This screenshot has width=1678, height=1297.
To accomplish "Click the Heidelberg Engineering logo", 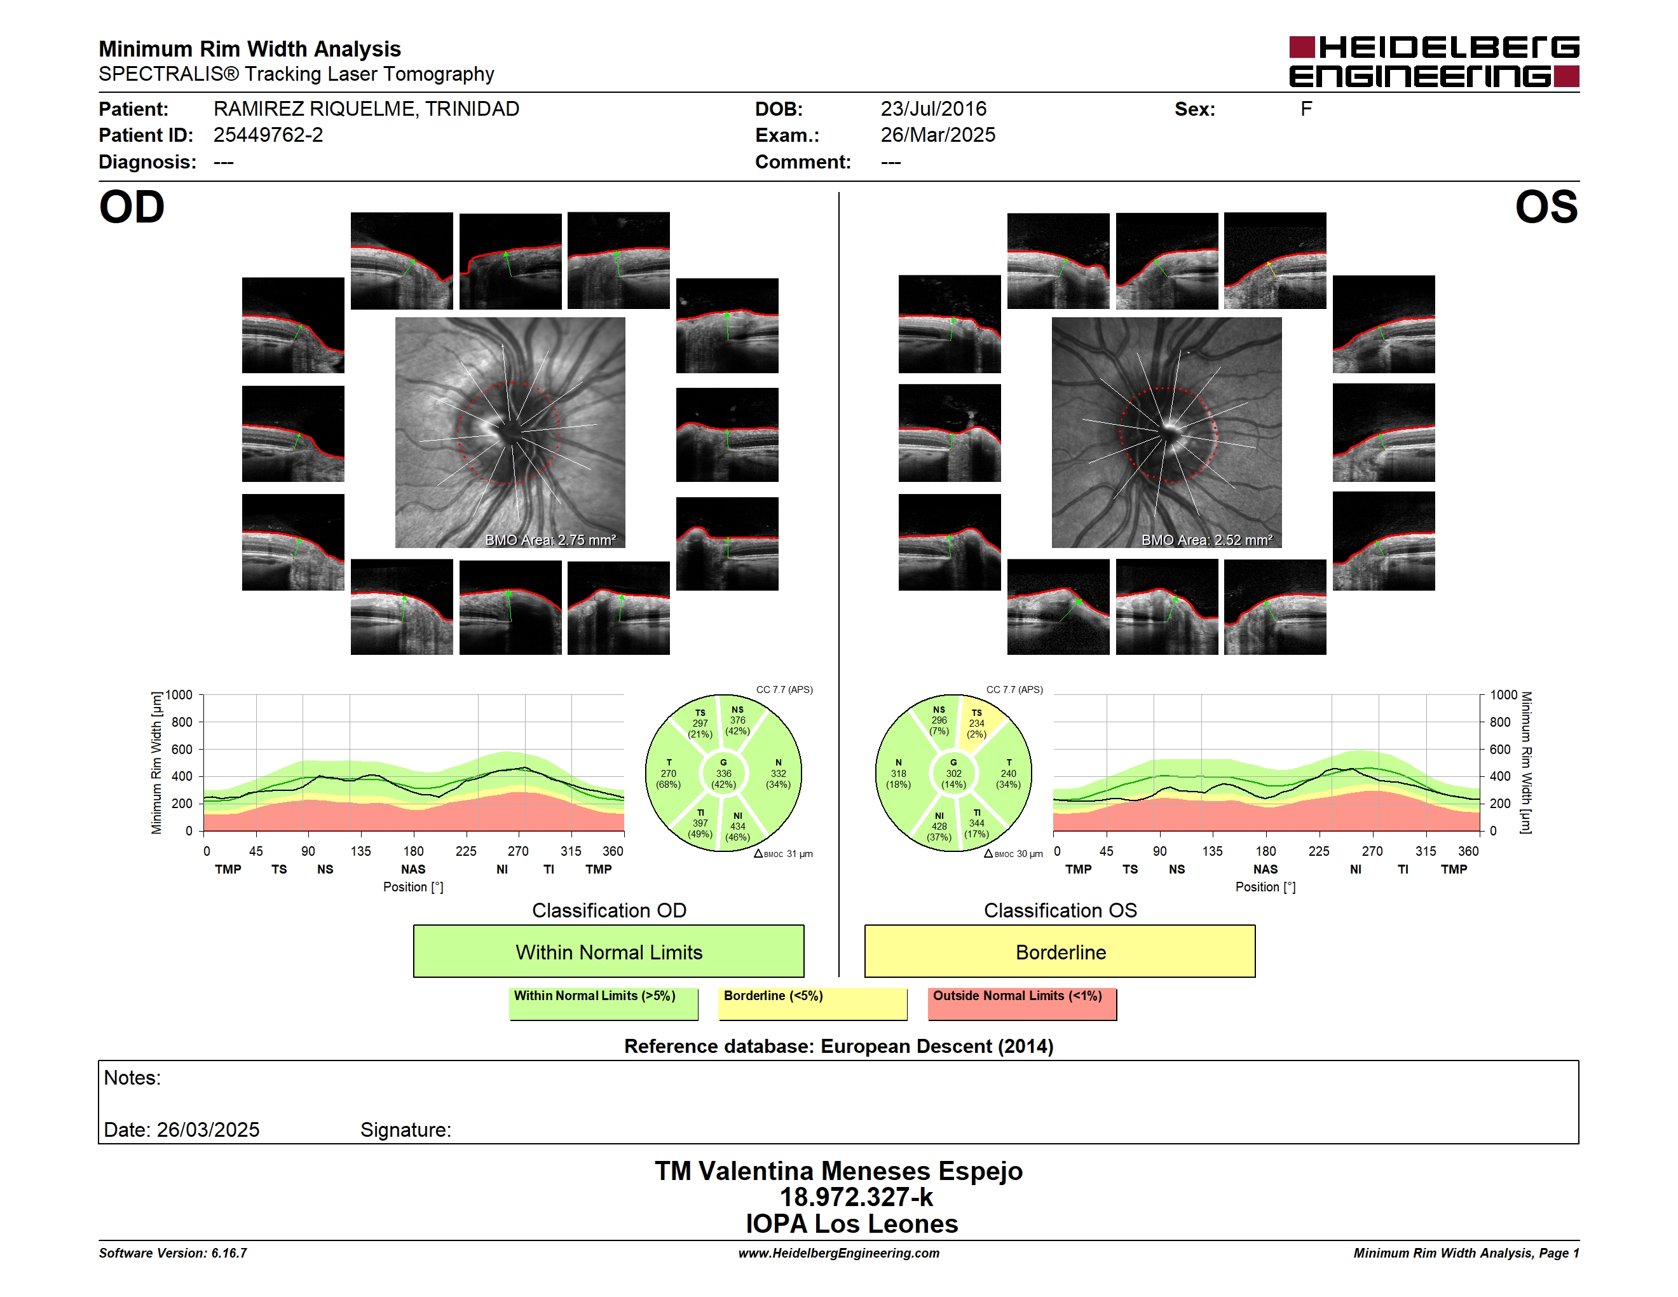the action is [x=1434, y=62].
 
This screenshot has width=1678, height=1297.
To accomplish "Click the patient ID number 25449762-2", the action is [x=268, y=135].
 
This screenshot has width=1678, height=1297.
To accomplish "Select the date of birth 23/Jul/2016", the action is [x=934, y=109].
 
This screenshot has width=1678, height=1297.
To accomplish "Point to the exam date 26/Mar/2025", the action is [x=938, y=135].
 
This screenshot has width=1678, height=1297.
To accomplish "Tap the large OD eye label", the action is [x=132, y=207].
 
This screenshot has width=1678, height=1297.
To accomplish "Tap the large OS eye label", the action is [x=1546, y=207].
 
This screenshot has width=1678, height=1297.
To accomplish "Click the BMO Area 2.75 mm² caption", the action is [x=550, y=540].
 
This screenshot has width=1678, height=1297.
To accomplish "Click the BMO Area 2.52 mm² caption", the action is [x=1206, y=540].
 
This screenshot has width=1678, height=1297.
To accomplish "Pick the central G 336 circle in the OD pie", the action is [x=723, y=774].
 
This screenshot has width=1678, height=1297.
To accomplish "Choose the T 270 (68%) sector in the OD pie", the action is [x=669, y=774].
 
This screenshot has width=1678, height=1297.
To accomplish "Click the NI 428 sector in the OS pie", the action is [x=938, y=826].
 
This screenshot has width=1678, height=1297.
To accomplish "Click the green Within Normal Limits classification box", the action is [x=608, y=951].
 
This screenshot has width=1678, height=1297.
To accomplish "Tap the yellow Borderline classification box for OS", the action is [x=1060, y=951].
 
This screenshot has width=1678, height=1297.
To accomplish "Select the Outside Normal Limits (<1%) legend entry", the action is [x=1022, y=1003].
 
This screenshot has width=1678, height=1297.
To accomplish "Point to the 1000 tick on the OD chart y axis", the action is [x=179, y=696].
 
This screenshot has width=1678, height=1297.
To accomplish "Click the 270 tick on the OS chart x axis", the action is [x=1372, y=851].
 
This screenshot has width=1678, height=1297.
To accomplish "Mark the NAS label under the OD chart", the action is [x=413, y=869].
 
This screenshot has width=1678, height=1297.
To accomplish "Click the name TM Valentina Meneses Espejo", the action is [x=838, y=1171].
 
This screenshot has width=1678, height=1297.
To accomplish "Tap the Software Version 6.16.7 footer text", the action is [x=173, y=1253].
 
